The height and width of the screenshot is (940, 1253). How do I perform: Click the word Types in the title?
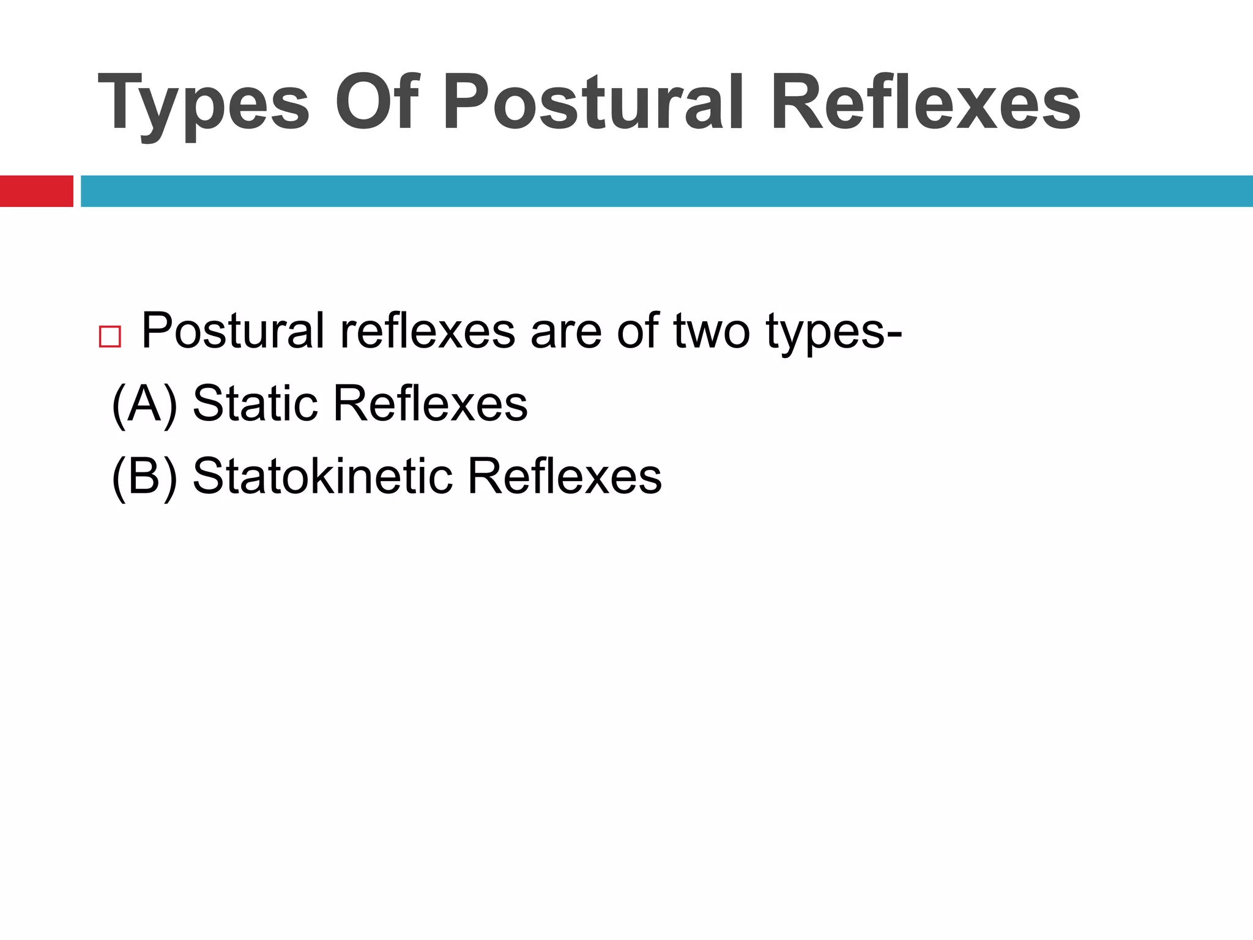pos(204,103)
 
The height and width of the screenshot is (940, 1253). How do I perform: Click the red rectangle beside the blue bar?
pos(36,191)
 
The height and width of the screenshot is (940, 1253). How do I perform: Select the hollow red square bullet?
pos(110,337)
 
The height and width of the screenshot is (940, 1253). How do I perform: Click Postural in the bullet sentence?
pos(232,331)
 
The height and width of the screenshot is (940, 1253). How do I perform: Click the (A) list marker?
pos(145,404)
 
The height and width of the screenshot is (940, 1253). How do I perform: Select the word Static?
pos(255,403)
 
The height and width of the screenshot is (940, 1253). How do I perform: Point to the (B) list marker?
pos(145,477)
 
